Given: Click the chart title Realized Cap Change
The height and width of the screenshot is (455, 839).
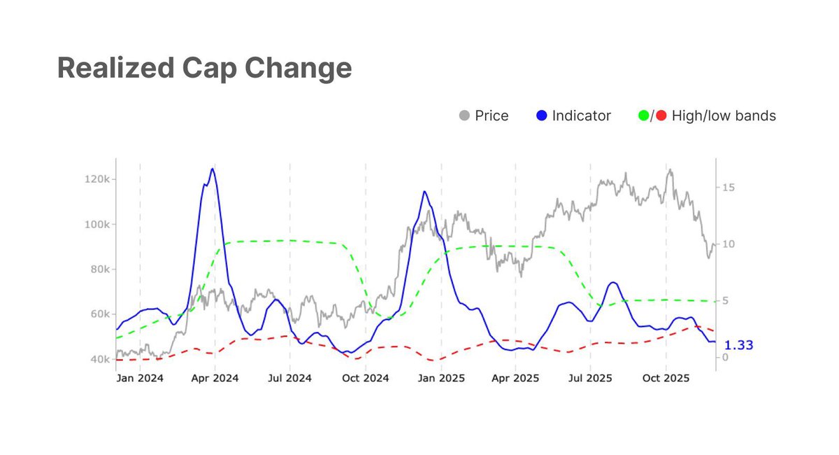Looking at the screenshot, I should pos(204,68).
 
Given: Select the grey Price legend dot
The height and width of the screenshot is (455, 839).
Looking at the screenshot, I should pos(464,115).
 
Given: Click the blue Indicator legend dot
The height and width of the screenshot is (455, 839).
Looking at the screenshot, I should pos(541,115).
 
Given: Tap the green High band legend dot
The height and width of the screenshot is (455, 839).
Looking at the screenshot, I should pos(644,115).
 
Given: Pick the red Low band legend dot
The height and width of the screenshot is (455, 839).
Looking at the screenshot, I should pos(661,115).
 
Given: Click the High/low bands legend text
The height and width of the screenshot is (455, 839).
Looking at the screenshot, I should pos(724,115).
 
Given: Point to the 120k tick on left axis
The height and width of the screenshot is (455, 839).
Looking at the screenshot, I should pos(96,180).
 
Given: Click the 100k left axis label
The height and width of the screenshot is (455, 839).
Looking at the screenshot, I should pos(96,225).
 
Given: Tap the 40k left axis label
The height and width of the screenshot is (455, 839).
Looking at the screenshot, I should pos(99,359).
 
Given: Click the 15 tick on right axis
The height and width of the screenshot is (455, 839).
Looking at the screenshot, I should pos(728,188).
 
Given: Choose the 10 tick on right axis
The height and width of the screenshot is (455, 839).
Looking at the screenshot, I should pos(728,244).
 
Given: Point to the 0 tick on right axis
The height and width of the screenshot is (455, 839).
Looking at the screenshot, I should pos(725,358).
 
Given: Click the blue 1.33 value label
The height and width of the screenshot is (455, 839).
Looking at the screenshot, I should pos(738,345).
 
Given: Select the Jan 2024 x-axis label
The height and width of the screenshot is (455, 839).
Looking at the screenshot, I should pos(140,378).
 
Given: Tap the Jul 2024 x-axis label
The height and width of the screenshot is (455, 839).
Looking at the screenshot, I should pos(290,378).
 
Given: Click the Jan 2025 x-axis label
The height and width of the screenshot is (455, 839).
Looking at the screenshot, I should pos(441,378).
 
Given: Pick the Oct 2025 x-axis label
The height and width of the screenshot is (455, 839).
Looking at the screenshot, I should pos(666,378).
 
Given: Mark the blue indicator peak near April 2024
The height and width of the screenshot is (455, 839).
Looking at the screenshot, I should pos(213,169).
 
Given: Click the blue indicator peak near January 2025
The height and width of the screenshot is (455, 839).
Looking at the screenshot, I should pos(424,191).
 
